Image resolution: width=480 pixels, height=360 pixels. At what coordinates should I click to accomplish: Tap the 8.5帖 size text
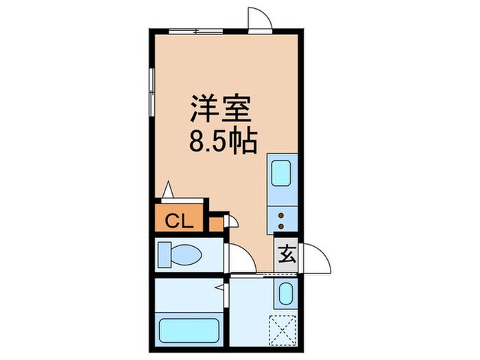coord(222,143)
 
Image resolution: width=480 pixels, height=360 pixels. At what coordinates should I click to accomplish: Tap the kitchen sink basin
coord(282,173)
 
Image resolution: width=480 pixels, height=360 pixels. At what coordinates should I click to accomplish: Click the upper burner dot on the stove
coord(282,215)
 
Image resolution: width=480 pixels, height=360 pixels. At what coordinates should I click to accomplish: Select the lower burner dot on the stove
coord(282,224)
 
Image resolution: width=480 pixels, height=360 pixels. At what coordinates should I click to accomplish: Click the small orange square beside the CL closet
coord(216,224)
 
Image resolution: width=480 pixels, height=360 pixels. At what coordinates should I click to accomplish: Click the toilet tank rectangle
coord(164,256)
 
